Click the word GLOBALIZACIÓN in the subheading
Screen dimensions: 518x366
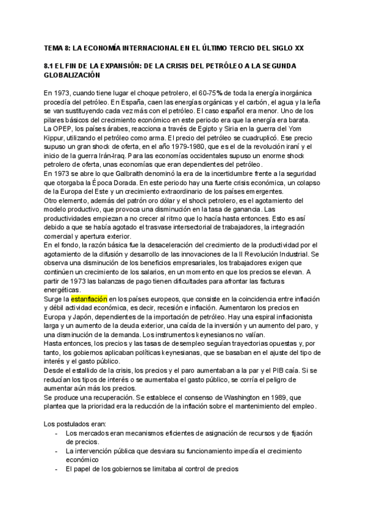click(71, 75)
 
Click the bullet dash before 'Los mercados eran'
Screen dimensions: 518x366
click(57, 433)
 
